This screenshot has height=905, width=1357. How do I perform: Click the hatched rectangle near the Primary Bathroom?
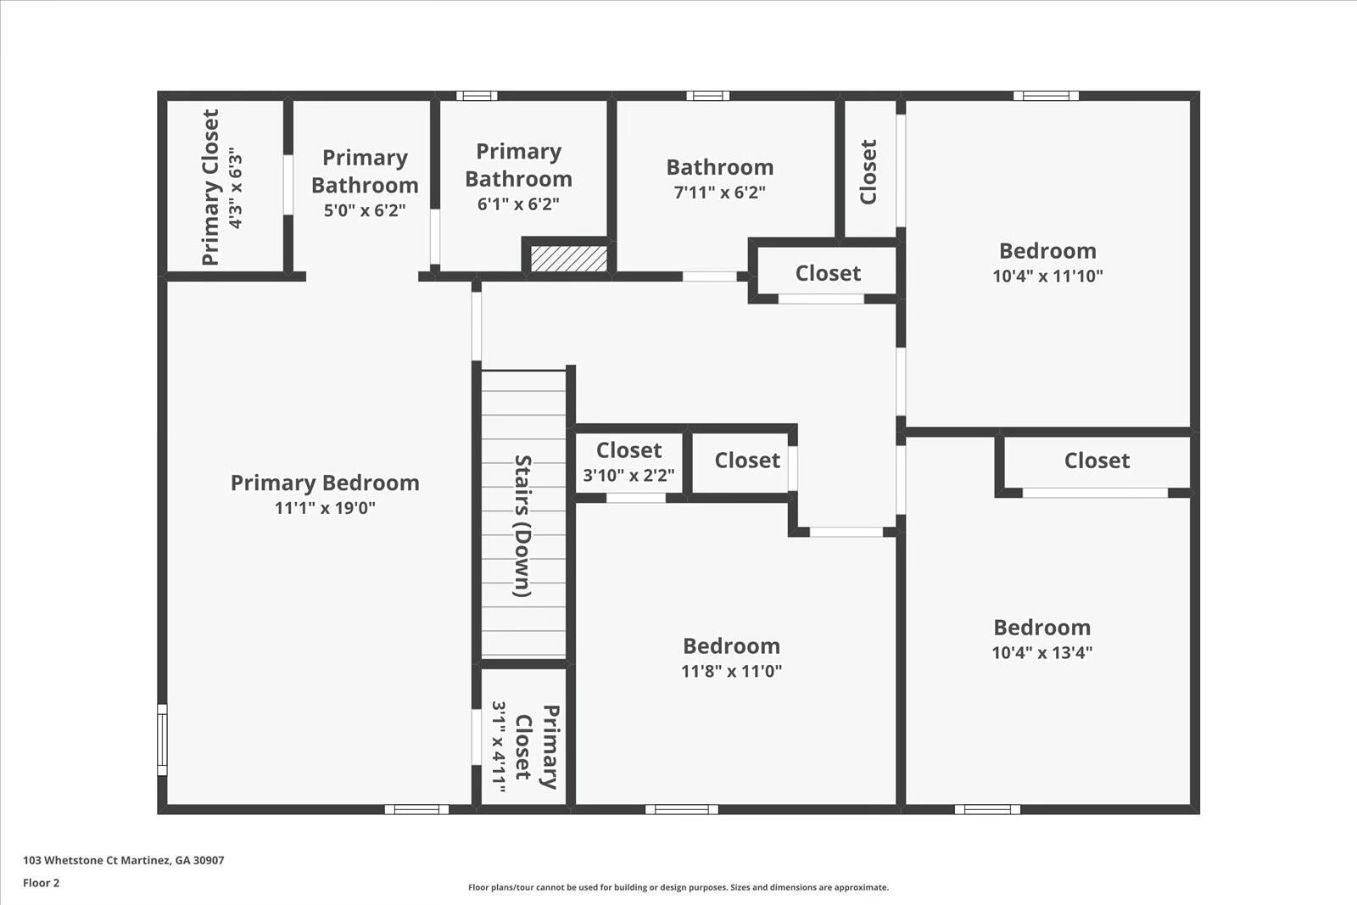click(x=569, y=259)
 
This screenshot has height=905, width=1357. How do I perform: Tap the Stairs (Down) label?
click(x=522, y=526)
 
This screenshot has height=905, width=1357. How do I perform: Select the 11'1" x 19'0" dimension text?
click(x=325, y=507)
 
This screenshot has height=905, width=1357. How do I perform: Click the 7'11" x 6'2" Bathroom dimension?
click(x=720, y=192)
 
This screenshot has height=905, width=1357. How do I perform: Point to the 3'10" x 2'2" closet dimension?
click(x=628, y=475)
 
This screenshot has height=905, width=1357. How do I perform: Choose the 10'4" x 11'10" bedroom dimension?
click(x=1047, y=276)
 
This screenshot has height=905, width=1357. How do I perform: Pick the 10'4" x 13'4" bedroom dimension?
click(x=1042, y=652)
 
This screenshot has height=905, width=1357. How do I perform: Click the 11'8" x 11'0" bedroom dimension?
click(x=731, y=671)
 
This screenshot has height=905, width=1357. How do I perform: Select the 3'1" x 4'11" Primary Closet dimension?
click(x=499, y=747)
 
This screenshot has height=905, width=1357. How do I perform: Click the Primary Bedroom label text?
click(x=325, y=483)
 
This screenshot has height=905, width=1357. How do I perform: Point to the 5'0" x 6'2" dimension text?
click(x=365, y=210)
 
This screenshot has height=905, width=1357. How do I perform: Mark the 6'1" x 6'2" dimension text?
click(x=518, y=204)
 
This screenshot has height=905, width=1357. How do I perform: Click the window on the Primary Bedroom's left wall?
click(x=162, y=739)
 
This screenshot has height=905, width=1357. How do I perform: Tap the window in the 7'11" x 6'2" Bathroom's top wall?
click(x=707, y=96)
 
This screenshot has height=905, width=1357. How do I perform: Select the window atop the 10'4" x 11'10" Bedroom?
click(x=1047, y=96)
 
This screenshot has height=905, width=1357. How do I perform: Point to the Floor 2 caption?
click(x=42, y=883)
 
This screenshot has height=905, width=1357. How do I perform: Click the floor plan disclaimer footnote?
click(x=678, y=887)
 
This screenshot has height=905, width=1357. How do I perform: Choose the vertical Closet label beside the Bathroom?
click(x=868, y=171)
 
